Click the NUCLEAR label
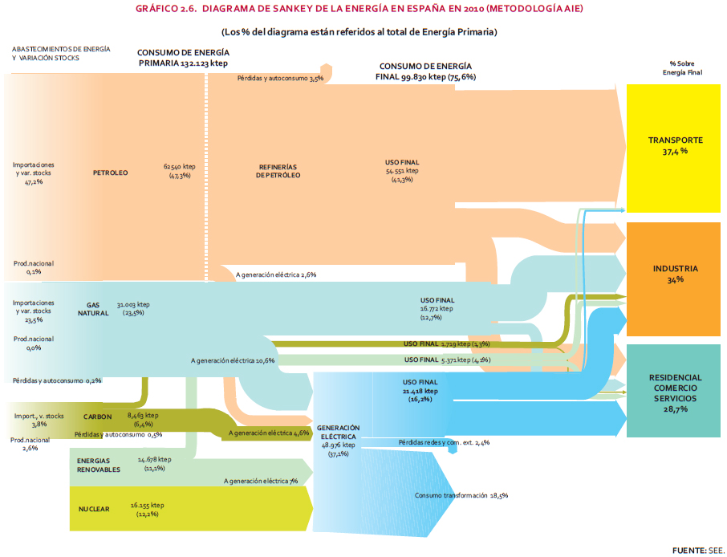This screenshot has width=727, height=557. pyautogui.click(x=94, y=509)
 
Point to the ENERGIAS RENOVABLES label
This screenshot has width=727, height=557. pyautogui.click(x=99, y=465)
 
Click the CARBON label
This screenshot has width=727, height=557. pyautogui.click(x=97, y=417)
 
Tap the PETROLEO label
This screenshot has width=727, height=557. pyautogui.click(x=111, y=173)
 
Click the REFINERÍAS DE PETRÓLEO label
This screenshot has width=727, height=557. pyautogui.click(x=278, y=171)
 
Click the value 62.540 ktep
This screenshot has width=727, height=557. pyautogui.click(x=180, y=166)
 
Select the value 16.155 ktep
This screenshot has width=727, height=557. pyautogui.click(x=147, y=506)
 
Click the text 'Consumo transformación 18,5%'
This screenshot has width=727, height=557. pyautogui.click(x=461, y=495)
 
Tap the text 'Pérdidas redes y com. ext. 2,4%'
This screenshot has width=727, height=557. pyautogui.click(x=444, y=442)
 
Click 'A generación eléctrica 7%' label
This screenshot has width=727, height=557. pyautogui.click(x=261, y=481)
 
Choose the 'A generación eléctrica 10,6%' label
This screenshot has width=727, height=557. pyautogui.click(x=233, y=360)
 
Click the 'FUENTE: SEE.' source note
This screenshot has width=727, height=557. pyautogui.click(x=697, y=550)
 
